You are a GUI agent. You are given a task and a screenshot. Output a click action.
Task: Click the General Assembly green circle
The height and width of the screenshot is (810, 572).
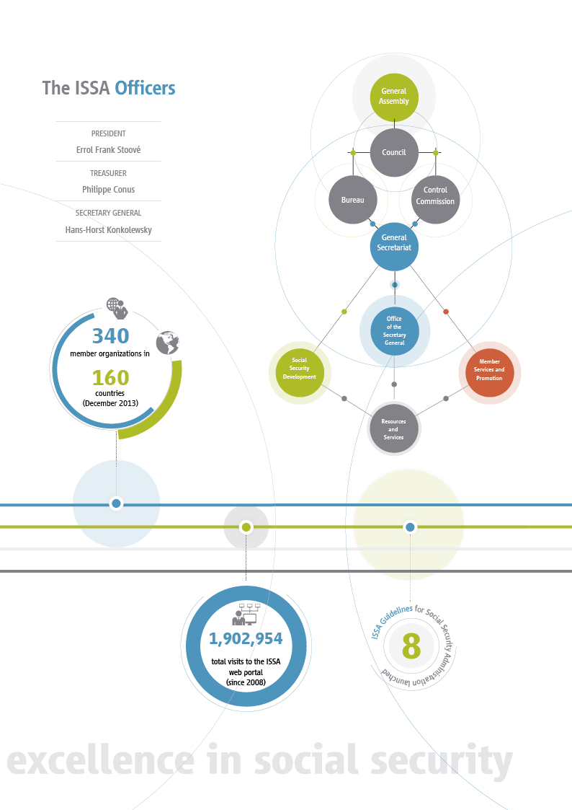pyautogui.click(x=394, y=96)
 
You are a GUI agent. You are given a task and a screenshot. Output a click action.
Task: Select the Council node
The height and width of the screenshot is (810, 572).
pyautogui.click(x=394, y=152)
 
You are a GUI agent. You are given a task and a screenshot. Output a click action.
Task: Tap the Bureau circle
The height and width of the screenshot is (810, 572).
pyautogui.click(x=353, y=200)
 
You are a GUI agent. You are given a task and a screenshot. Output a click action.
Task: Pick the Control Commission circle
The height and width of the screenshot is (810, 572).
pyautogui.click(x=435, y=196)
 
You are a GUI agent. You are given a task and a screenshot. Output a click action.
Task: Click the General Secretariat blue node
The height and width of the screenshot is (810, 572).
pyautogui.click(x=394, y=242)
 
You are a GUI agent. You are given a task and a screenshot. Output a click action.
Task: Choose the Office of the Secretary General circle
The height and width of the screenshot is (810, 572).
pyautogui.click(x=394, y=331)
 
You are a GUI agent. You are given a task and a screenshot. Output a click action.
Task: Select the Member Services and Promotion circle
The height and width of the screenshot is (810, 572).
pyautogui.click(x=489, y=369)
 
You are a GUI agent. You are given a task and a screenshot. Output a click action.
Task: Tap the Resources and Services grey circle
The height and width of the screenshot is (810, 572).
pyautogui.click(x=393, y=429)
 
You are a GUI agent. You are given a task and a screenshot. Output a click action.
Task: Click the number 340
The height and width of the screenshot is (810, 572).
pyautogui.click(x=110, y=335)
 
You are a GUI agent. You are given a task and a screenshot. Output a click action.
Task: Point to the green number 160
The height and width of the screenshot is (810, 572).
pyautogui.click(x=110, y=378)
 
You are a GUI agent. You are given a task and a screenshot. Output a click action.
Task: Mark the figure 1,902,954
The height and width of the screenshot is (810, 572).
pyautogui.click(x=246, y=639)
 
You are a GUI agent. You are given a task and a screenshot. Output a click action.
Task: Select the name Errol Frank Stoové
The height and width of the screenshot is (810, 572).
pyautogui.click(x=108, y=151)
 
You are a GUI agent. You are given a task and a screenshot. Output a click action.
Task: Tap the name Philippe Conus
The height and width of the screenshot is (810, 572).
pyautogui.click(x=108, y=190)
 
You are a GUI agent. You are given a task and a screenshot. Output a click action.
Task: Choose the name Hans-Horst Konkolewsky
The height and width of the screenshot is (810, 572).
pyautogui.click(x=108, y=230)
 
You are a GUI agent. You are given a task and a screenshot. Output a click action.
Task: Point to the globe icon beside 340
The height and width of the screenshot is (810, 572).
pyautogui.click(x=167, y=343)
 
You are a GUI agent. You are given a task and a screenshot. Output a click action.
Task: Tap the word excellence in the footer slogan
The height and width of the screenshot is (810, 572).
pyautogui.click(x=99, y=762)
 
